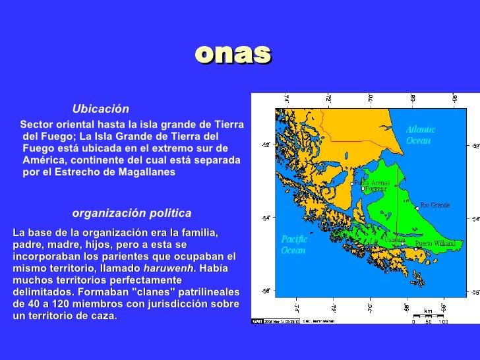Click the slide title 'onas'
point(233,54)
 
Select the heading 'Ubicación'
point(100,109)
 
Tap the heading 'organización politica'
point(131,213)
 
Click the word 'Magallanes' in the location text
point(148,172)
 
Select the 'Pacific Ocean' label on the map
point(294,245)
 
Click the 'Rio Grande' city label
point(435,205)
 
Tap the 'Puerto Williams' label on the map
point(435,243)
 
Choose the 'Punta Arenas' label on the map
point(371,183)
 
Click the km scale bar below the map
point(429,318)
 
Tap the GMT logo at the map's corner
point(256,321)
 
